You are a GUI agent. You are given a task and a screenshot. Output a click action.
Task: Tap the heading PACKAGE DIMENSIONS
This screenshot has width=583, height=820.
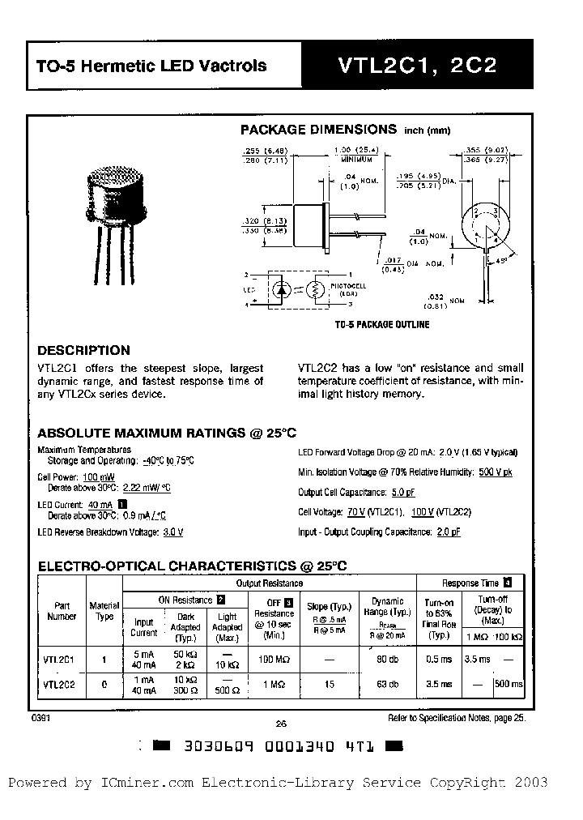[x=318, y=130]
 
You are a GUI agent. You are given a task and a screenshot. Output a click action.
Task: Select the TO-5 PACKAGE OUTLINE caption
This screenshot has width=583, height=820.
[x=382, y=325]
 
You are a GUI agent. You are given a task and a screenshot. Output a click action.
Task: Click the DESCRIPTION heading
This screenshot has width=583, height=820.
[x=83, y=351]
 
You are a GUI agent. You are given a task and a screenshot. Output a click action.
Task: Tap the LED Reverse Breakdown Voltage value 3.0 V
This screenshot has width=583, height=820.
[x=172, y=532]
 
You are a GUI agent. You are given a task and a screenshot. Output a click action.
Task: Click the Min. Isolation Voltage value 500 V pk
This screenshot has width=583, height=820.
[x=496, y=472]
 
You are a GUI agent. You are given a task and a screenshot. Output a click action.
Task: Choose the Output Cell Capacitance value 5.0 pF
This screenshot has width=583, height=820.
[x=403, y=493]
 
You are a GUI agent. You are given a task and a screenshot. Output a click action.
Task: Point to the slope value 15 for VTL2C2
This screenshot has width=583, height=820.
[x=329, y=685]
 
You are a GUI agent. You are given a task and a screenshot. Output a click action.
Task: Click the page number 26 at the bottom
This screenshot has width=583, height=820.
[x=281, y=725]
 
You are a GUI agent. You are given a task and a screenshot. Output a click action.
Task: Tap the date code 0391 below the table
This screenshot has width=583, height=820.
[x=40, y=718]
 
